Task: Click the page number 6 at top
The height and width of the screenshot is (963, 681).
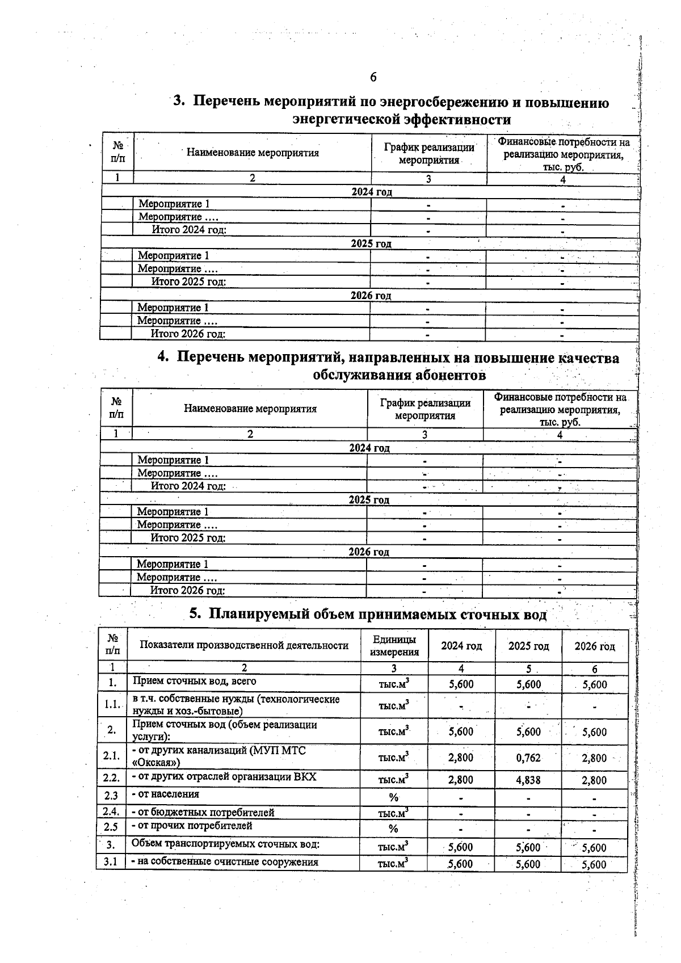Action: tap(373, 77)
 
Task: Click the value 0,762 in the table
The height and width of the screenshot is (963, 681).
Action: tap(528, 758)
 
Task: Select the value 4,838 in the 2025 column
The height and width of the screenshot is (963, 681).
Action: tap(528, 780)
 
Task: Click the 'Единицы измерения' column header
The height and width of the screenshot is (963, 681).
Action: tap(394, 646)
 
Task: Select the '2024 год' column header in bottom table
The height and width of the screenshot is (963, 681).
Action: tap(461, 646)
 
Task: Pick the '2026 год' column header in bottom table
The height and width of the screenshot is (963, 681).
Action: tap(594, 646)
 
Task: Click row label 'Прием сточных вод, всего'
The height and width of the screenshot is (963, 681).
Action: tap(195, 681)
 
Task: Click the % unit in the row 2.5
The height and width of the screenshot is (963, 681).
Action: tap(393, 829)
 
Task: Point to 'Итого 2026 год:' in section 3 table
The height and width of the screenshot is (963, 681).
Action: tap(188, 334)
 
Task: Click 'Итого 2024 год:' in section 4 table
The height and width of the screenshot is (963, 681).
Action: tap(188, 486)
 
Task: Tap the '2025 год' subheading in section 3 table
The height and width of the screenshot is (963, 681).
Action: tap(371, 243)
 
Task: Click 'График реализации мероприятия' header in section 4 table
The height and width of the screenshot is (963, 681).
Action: tap(425, 409)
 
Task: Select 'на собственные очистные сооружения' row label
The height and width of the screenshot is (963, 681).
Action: tap(225, 862)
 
